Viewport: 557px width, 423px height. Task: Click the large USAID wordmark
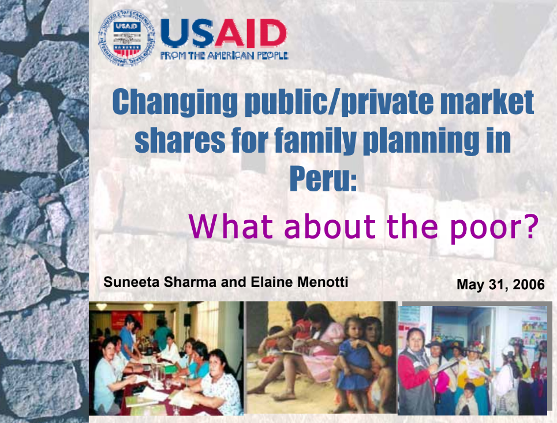[x=223, y=33]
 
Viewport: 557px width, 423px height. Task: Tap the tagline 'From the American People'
[x=224, y=56]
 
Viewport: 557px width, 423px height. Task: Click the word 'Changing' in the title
[x=175, y=103]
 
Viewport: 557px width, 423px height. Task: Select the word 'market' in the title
[x=487, y=102]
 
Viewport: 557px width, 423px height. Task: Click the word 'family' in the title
[x=316, y=141]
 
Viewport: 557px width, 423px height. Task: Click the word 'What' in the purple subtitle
[x=231, y=226]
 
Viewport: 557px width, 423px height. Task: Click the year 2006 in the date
[x=529, y=284]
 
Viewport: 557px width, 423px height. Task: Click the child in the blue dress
[x=351, y=361]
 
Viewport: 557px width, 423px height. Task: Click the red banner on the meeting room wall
[x=126, y=319]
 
